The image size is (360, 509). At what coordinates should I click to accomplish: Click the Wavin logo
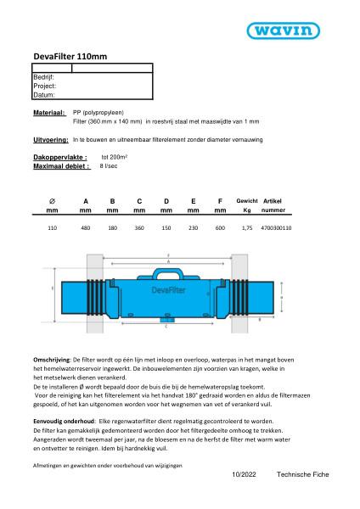tap(301, 31)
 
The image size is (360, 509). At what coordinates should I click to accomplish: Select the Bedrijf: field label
tap(43, 77)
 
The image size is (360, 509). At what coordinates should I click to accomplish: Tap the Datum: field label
tap(43, 95)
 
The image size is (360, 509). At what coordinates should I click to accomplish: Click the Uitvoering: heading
tap(49, 137)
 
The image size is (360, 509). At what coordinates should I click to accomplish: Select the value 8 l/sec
tap(109, 166)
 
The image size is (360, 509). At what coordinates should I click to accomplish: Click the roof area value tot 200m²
tap(114, 158)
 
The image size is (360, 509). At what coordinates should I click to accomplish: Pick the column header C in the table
tap(139, 201)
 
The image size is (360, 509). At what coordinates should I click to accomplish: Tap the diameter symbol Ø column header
tap(53, 201)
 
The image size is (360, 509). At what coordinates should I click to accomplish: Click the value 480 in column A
tap(86, 228)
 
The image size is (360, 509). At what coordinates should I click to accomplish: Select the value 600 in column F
tap(220, 228)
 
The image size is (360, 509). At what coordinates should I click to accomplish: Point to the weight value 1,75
tap(247, 228)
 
